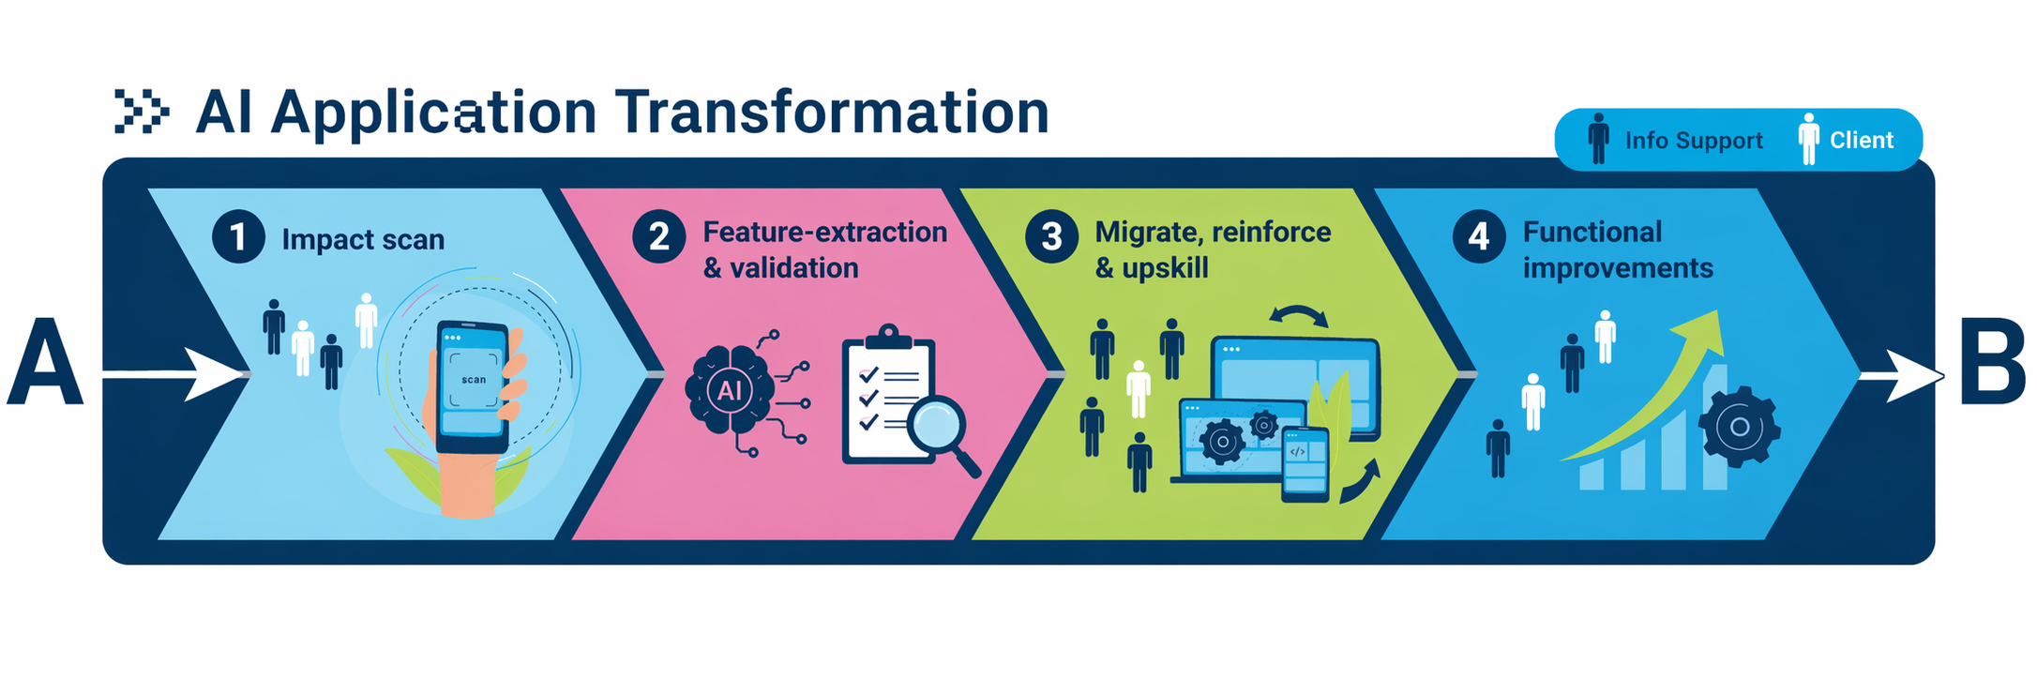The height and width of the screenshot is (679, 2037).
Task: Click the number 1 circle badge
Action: pos(238,237)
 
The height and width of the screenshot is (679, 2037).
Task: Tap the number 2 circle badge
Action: pos(658,236)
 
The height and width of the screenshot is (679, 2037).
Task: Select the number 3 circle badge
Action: pos(1051,237)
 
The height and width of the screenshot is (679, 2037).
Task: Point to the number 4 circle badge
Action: pos(1479,236)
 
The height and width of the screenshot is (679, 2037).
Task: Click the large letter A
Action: pos(44,362)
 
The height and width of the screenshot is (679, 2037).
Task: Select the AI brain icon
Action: pos(730,389)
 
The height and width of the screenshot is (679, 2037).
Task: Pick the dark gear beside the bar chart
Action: pos(1740,427)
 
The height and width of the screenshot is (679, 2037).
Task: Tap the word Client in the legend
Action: pos(1862,140)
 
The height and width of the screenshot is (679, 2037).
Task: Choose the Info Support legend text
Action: pos(1694,141)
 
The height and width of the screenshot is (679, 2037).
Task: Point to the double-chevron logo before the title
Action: pos(142,112)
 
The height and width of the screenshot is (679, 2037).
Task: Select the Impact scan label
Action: pos(363,239)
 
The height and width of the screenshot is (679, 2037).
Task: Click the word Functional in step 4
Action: pos(1592,232)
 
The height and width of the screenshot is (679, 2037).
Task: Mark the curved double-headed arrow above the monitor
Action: pos(1298,315)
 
